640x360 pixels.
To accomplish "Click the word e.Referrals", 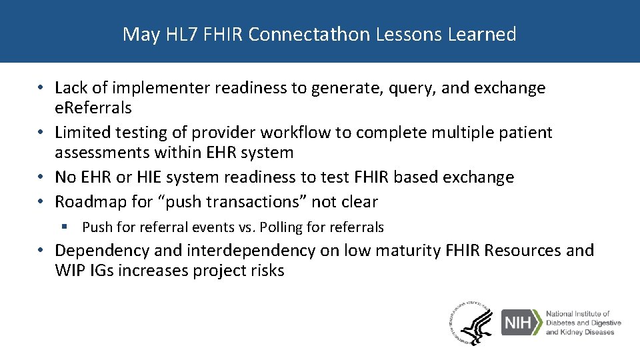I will (93, 107).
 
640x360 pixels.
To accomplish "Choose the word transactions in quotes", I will (257, 202).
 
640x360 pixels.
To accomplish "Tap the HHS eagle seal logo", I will (471, 323).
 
